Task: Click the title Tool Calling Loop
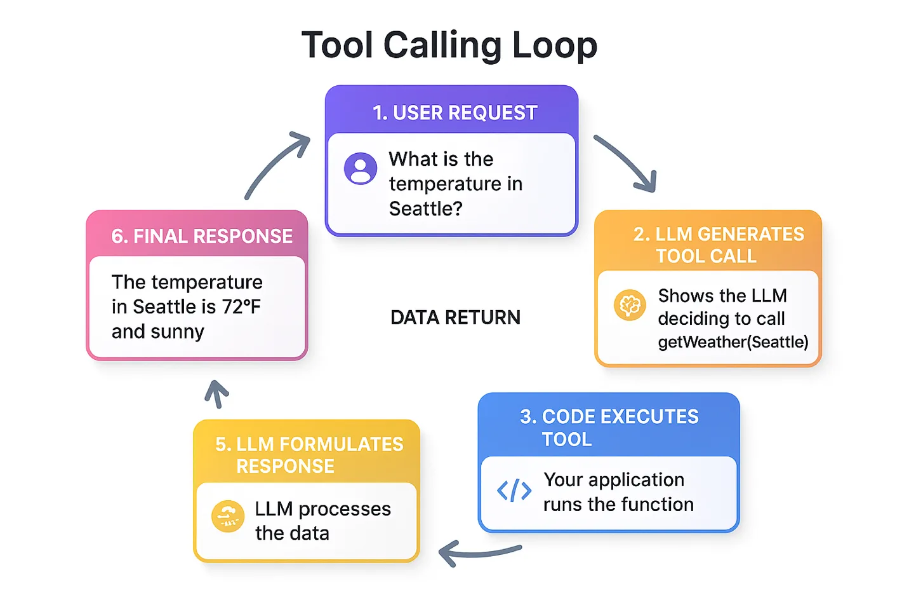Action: pyautogui.click(x=449, y=46)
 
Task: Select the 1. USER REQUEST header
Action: pyautogui.click(x=454, y=113)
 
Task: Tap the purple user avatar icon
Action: pyautogui.click(x=361, y=168)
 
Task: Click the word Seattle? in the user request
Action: pyautogui.click(x=425, y=208)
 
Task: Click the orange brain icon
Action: pyautogui.click(x=630, y=305)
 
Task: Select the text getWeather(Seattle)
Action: pyautogui.click(x=733, y=343)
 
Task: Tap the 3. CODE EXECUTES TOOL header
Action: pyautogui.click(x=608, y=427)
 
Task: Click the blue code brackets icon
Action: pyautogui.click(x=514, y=491)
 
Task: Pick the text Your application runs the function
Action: pyautogui.click(x=618, y=492)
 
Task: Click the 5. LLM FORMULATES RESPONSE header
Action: pyautogui.click(x=309, y=454)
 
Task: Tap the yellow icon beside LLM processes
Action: pyautogui.click(x=228, y=517)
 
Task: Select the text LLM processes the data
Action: pyautogui.click(x=322, y=521)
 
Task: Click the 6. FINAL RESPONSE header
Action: pyautogui.click(x=201, y=236)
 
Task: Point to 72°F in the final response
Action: pyautogui.click(x=241, y=307)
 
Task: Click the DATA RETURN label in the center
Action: pyautogui.click(x=455, y=318)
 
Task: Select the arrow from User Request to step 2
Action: pyautogui.click(x=626, y=163)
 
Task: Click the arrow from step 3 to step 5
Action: pyautogui.click(x=479, y=554)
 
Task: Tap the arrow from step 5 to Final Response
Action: pyautogui.click(x=216, y=393)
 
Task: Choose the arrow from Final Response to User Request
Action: pyautogui.click(x=275, y=165)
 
